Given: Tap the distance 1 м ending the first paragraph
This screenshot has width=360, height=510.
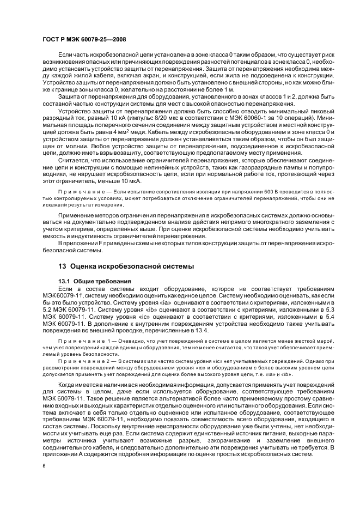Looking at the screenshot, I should click(x=228, y=88).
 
